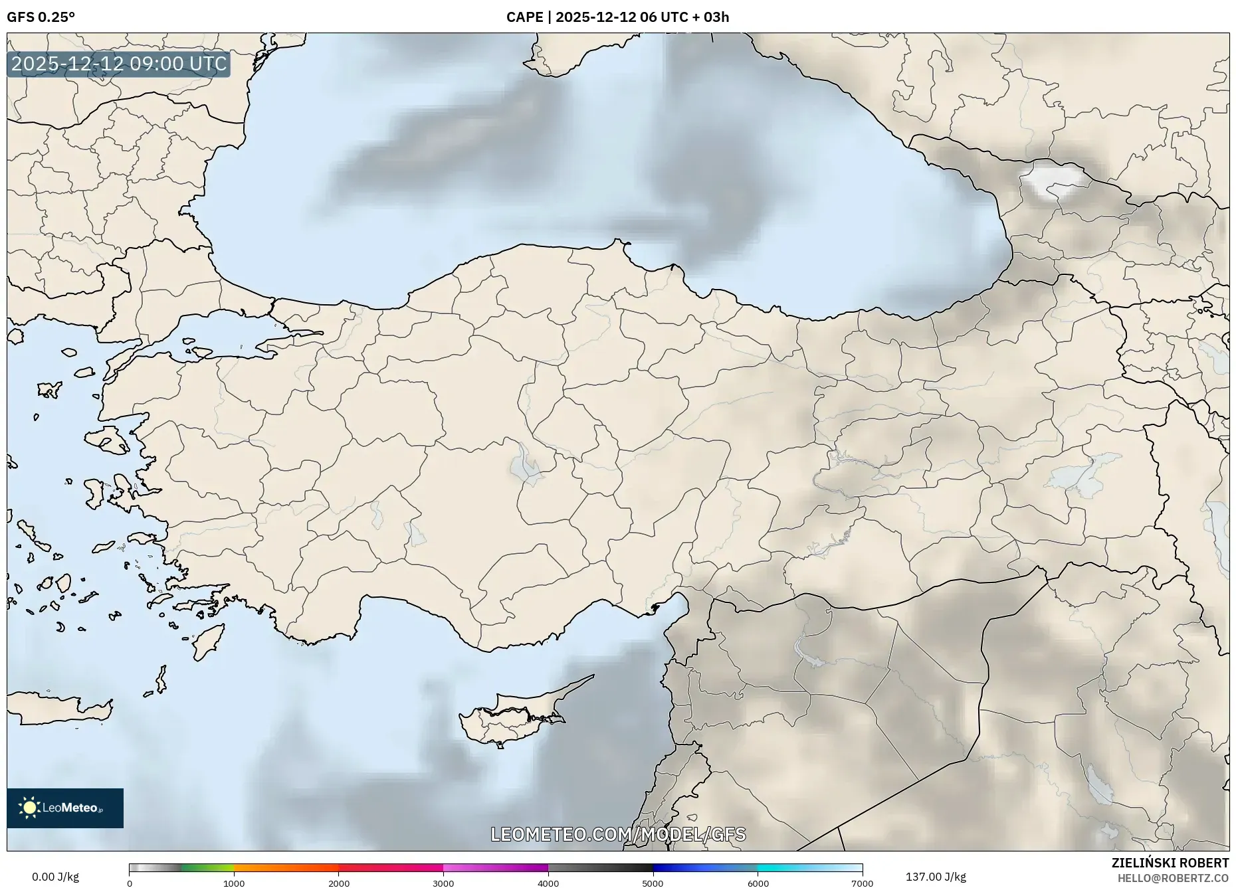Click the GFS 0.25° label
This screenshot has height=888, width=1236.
(41, 17)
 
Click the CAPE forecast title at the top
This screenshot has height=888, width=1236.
(617, 17)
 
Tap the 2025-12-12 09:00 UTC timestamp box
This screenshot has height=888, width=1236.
(119, 64)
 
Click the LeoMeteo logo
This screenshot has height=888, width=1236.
(65, 808)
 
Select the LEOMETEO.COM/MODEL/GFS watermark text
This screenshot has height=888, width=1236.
(618, 834)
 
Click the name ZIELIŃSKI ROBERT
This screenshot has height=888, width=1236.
(1170, 863)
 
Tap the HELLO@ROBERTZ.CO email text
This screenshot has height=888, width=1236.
(1173, 878)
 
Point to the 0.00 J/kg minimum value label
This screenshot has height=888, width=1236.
(55, 877)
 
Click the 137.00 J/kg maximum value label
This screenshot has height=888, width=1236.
(936, 877)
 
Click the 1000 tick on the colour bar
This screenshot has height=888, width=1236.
(234, 883)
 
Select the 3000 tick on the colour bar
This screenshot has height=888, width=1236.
(443, 883)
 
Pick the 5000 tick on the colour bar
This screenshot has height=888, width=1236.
(653, 883)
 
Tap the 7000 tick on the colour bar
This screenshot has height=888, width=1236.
(862, 883)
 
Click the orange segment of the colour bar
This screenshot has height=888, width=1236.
(286, 867)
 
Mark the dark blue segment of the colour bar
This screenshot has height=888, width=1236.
(678, 867)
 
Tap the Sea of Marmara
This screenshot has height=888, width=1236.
(219, 332)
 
